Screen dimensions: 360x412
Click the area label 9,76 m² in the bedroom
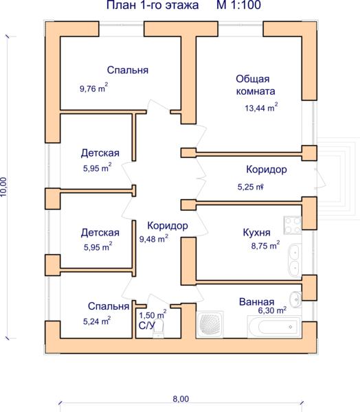94,88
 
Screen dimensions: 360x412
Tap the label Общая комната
256,85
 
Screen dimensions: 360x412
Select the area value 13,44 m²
261,108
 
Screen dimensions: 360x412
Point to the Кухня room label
256,232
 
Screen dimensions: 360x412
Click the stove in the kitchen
293,225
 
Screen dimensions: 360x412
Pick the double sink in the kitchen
295,260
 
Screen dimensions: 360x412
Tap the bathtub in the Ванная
273,327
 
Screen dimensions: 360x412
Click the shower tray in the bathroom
210,325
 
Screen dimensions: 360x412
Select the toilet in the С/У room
158,329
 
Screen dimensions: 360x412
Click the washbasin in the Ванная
295,299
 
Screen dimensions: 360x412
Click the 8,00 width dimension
181,399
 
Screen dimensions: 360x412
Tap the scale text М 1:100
239,5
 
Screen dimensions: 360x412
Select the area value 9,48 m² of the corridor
154,238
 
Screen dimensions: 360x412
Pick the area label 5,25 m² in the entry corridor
251,187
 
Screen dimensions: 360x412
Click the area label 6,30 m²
272,310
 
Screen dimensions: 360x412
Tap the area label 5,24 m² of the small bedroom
97,321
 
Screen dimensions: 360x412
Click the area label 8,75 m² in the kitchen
265,245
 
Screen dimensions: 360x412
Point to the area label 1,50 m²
153,314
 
